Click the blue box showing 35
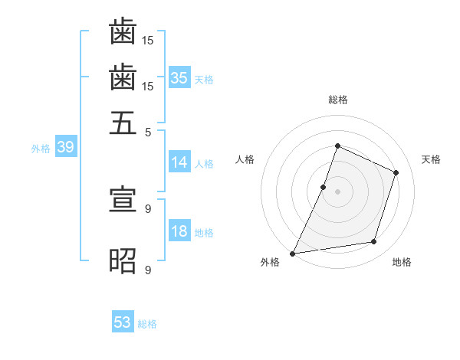click(x=179, y=77)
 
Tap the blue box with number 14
click(x=179, y=162)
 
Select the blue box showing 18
click(x=179, y=231)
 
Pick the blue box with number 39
click(x=65, y=147)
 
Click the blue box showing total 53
click(x=123, y=322)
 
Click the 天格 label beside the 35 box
click(x=204, y=79)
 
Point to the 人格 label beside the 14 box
click(x=204, y=163)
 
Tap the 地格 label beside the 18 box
click(x=204, y=233)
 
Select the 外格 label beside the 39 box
click(x=41, y=149)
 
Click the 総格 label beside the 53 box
click(x=147, y=324)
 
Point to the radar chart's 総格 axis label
click(x=337, y=100)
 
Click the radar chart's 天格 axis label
click(x=431, y=159)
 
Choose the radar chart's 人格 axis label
click(x=245, y=159)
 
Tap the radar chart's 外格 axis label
click(x=270, y=262)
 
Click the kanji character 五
click(x=123, y=123)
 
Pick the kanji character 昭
click(x=123, y=261)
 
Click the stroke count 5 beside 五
click(x=148, y=131)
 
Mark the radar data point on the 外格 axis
click(x=293, y=253)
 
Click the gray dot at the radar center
click(x=337, y=191)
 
